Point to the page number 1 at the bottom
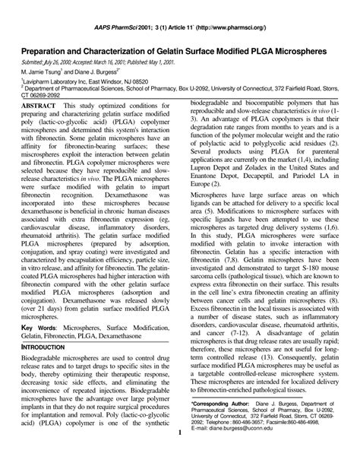(x=179, y=455)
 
